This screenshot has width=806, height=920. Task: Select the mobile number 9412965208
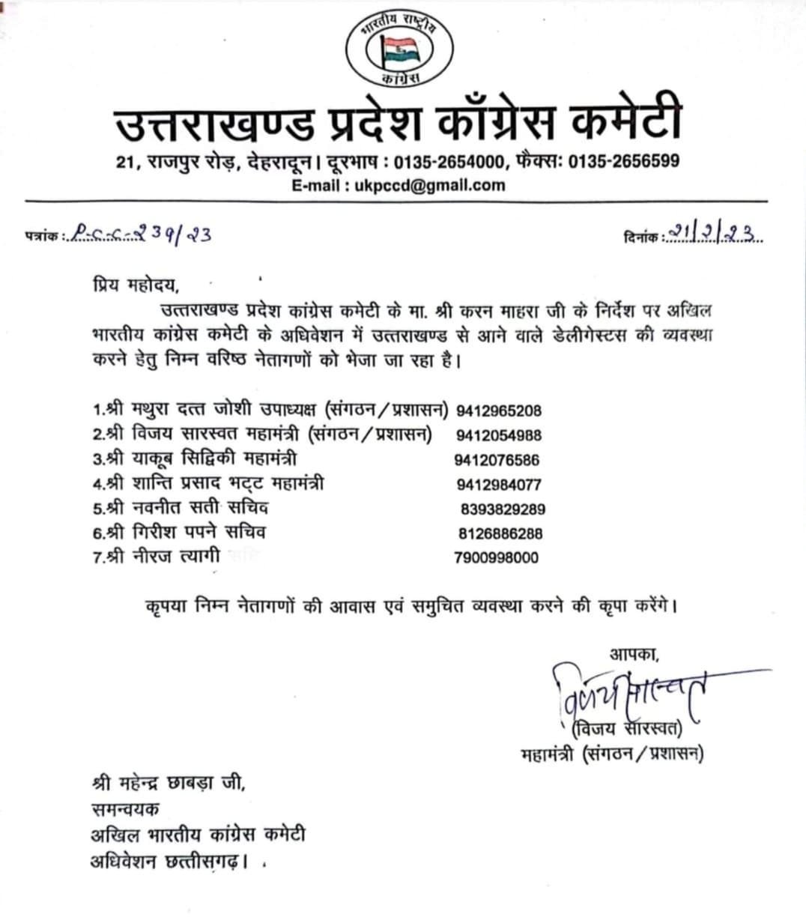pyautogui.click(x=498, y=411)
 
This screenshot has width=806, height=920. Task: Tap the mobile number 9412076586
pyautogui.click(x=497, y=460)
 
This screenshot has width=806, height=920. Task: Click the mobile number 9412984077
pyautogui.click(x=498, y=485)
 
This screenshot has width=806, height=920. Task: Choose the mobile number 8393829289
pyautogui.click(x=503, y=509)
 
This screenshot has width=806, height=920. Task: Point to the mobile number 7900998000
pyautogui.click(x=496, y=557)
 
